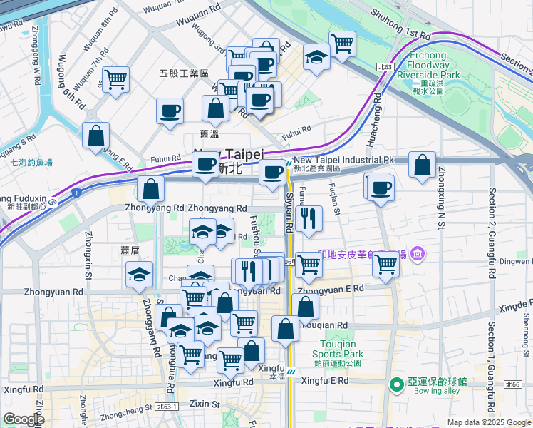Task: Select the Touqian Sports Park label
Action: [x=337, y=349]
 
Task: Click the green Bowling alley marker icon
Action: [x=396, y=385]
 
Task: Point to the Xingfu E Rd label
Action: [x=324, y=381]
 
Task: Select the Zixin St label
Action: [x=205, y=404]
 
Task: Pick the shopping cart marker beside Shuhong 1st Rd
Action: [x=343, y=44]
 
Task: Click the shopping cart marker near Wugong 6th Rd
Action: [x=115, y=78]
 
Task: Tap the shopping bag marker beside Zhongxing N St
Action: [x=422, y=165]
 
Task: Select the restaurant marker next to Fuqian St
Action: [x=309, y=218]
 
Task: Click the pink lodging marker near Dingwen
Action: [x=417, y=253]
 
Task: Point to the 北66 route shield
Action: [x=513, y=384]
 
